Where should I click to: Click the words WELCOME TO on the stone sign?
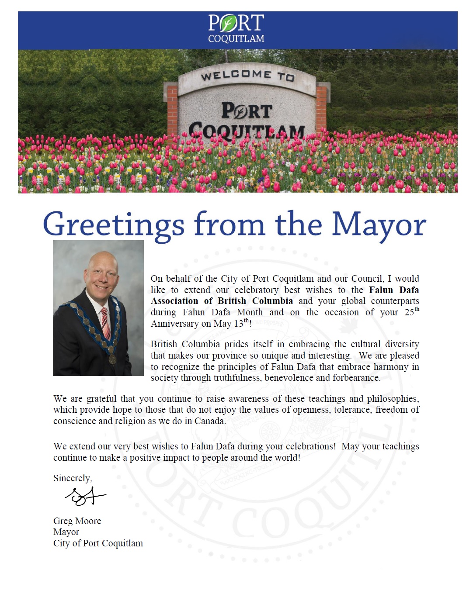[x=247, y=76]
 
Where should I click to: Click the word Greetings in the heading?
[x=113, y=225]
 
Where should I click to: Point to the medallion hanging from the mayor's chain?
[x=112, y=359]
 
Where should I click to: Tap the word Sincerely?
[x=72, y=478]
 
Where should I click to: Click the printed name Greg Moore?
[x=77, y=521]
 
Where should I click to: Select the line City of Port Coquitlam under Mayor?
[x=98, y=543]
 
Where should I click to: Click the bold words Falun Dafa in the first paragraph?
[x=394, y=290]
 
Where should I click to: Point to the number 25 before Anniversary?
[x=409, y=313]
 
